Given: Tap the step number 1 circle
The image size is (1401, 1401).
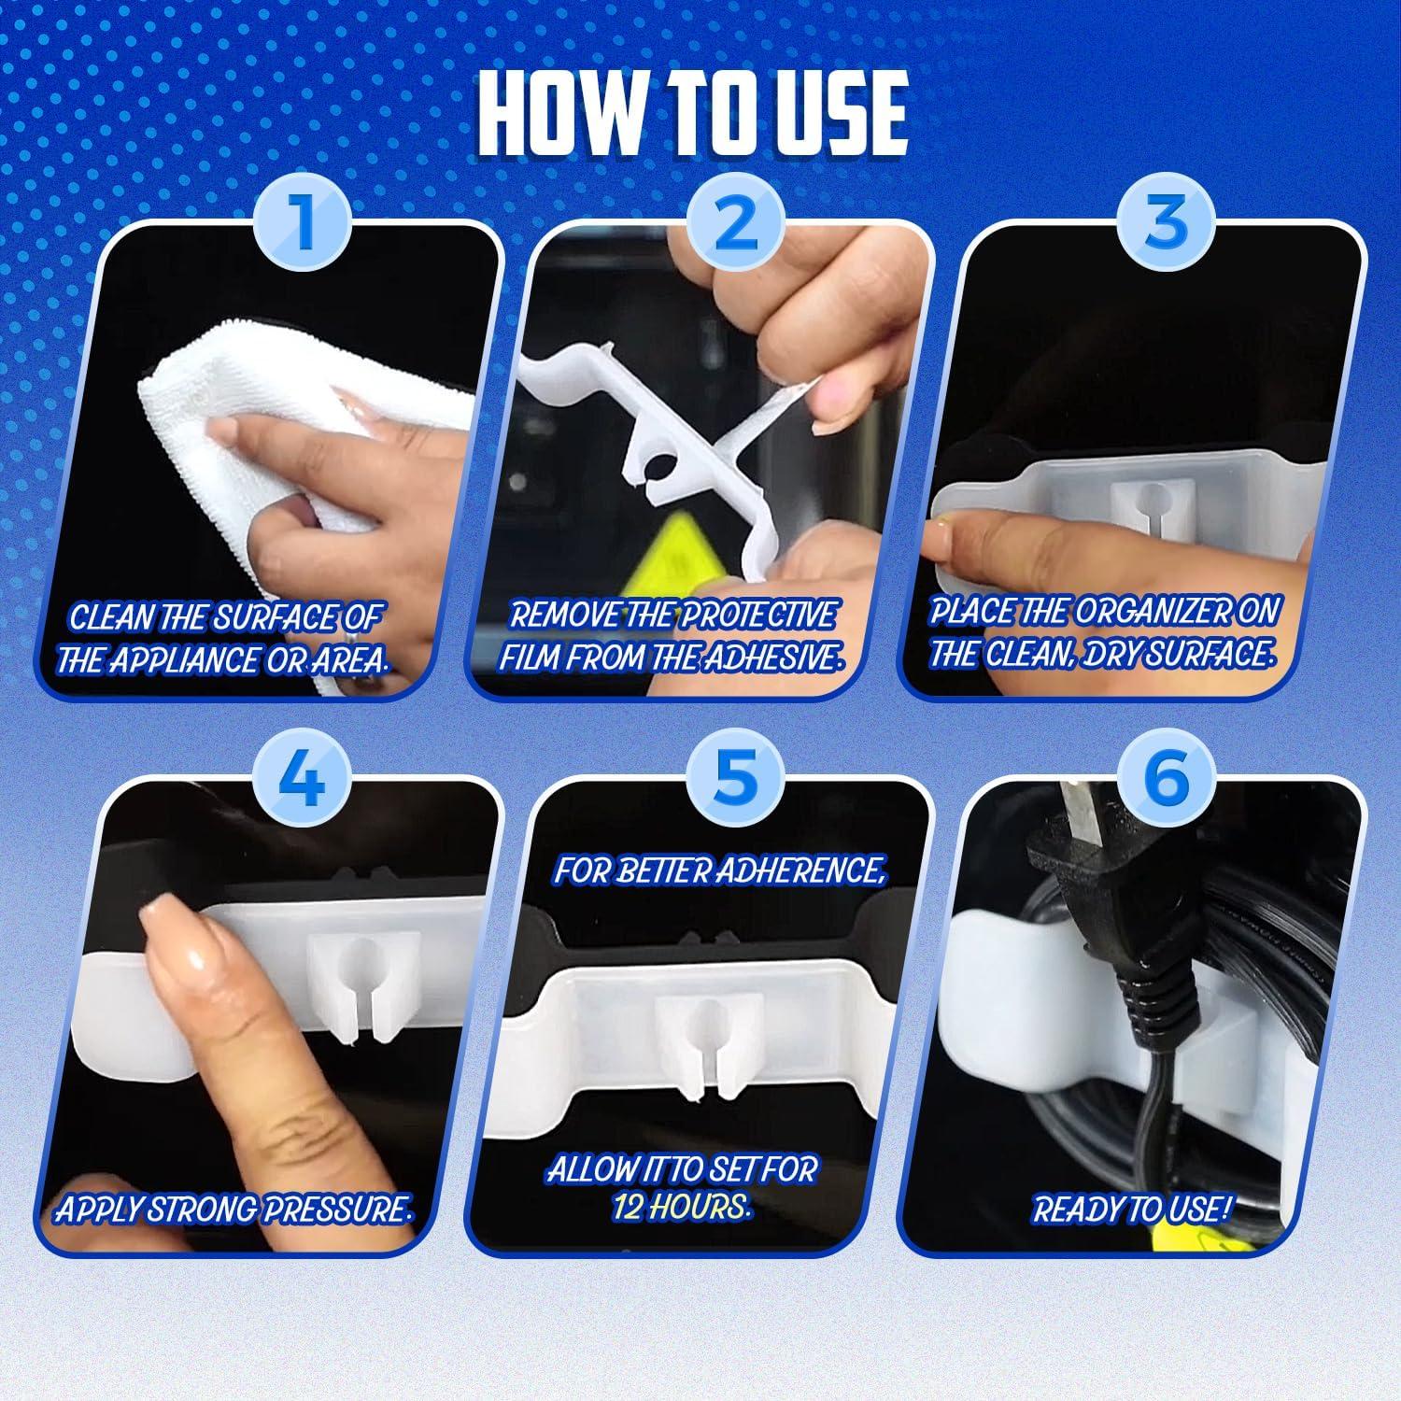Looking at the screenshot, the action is coord(304,226).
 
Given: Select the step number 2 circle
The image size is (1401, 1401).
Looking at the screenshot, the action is coord(735,226).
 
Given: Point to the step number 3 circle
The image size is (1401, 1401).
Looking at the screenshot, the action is coord(1167,226).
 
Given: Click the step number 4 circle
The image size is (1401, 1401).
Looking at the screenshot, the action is coord(304,779).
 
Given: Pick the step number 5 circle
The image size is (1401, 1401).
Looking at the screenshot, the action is coord(735,779).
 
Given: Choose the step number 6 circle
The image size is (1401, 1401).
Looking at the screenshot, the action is coord(1167,779).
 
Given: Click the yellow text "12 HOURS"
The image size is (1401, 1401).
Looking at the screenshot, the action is coord(682,1208).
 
